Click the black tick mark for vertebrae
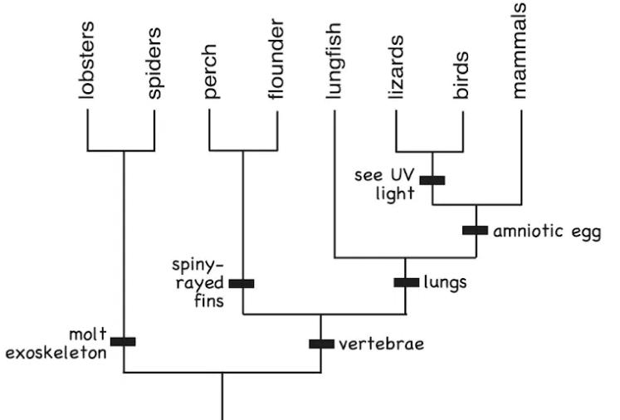point(321,343)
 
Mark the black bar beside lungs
point(406,282)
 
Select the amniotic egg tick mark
point(475,230)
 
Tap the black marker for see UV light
point(432,179)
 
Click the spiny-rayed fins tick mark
point(242,283)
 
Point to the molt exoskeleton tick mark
point(123,341)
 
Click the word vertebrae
point(382,343)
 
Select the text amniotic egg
point(545,231)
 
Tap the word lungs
point(445,282)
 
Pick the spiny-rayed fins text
point(198,283)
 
